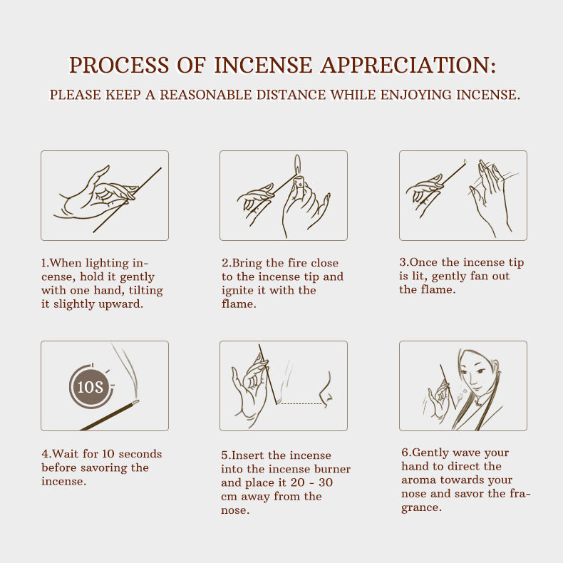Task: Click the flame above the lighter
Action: pyautogui.click(x=296, y=163)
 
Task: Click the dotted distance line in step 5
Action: pyautogui.click(x=299, y=404)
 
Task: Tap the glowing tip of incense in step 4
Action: pyautogui.click(x=135, y=403)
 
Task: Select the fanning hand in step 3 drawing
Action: pyautogui.click(x=490, y=192)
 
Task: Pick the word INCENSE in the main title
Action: pyautogui.click(x=263, y=65)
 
